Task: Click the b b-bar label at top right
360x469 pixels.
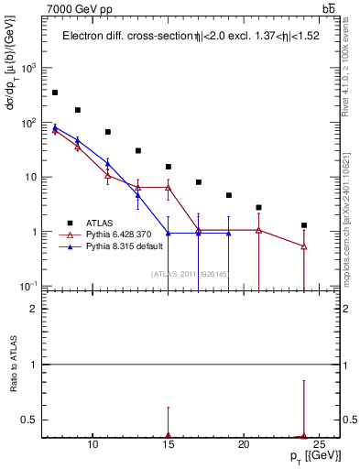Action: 328,9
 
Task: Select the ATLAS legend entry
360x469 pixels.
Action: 95,223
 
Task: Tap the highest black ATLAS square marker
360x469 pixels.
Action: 55,93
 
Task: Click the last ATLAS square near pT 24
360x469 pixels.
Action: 304,225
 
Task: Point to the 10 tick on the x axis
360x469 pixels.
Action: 93,444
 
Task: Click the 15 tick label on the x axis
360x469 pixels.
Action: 168,444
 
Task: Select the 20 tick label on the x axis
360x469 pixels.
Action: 244,444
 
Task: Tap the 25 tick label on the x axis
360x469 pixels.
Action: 319,444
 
